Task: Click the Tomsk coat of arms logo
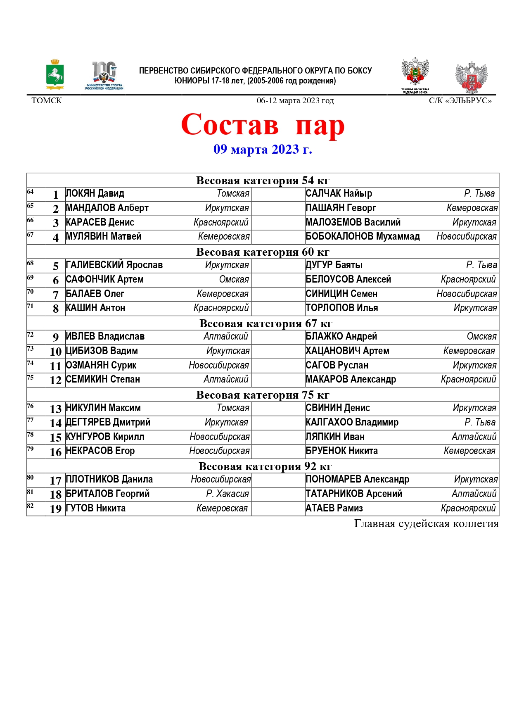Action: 55,75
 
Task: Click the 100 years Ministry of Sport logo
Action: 104,76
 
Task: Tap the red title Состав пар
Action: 263,125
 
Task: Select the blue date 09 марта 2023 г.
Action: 263,150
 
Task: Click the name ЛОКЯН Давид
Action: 95,194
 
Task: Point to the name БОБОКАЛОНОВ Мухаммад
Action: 363,237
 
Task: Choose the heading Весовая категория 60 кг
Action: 263,252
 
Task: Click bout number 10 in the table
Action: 55,352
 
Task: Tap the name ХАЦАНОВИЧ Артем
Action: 347,351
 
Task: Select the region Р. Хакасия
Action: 228,494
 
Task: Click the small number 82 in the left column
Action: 30,506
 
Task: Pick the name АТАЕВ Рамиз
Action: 334,509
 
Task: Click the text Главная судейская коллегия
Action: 426,524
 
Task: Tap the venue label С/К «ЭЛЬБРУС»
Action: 460,101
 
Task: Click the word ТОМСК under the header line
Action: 47,101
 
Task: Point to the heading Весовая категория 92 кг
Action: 265,466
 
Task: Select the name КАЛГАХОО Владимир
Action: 352,423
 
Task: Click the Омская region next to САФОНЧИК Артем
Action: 234,280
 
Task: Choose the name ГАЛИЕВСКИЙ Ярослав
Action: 114,265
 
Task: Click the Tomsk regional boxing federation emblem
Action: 415,76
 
